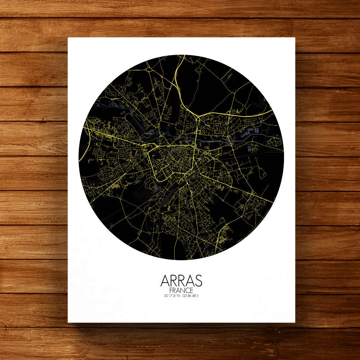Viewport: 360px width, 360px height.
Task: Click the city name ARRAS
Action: coord(181,281)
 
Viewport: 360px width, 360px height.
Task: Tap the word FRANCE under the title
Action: coord(181,291)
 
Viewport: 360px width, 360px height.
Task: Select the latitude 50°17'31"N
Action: coord(171,296)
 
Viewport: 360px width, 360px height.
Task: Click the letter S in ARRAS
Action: coord(198,281)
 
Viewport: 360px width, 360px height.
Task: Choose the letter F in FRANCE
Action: coord(171,291)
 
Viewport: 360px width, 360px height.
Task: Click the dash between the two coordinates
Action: coord(181,296)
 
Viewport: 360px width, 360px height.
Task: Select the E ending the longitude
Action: coord(198,296)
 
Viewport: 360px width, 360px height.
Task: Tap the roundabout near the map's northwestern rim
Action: coord(149,69)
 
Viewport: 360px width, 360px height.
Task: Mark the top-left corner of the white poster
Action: coord(68,37)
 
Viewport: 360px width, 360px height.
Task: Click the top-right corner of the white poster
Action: coord(295,37)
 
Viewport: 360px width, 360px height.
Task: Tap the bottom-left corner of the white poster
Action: coord(68,322)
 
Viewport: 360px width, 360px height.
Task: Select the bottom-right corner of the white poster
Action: coord(295,322)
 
